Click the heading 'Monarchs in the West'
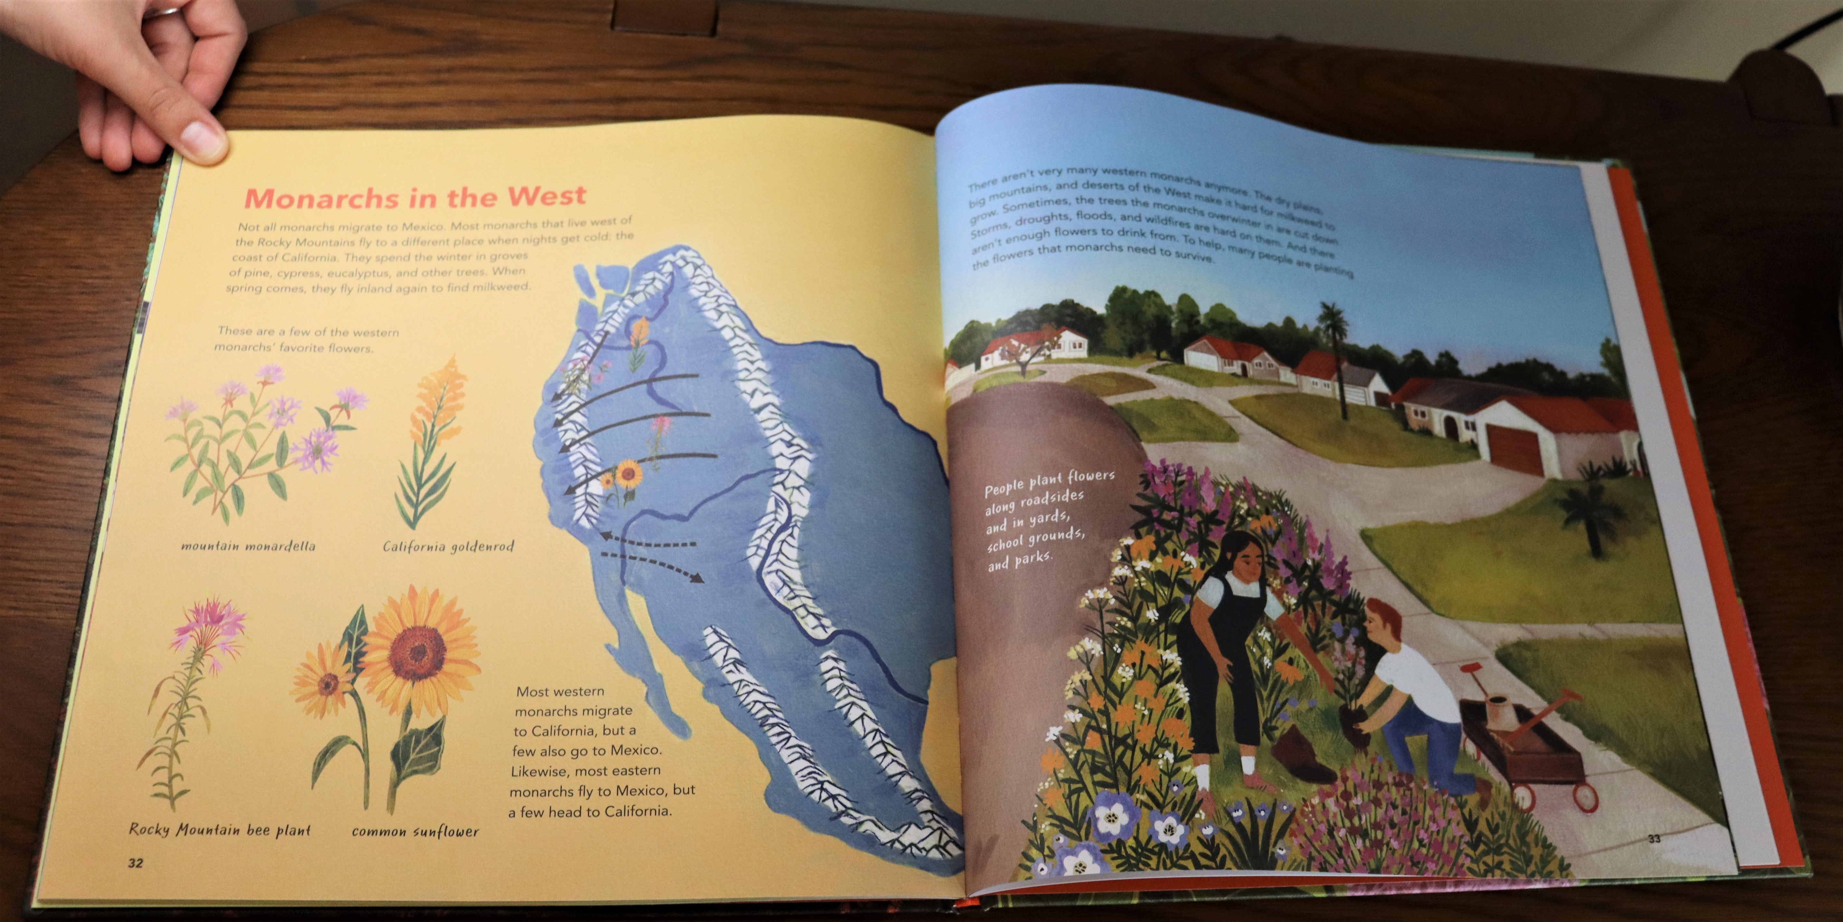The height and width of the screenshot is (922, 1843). tap(415, 196)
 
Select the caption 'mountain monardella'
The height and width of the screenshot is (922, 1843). tap(248, 546)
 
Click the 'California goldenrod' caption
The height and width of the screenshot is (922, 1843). tap(448, 547)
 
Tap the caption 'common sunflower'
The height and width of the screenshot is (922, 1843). tap(415, 831)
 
